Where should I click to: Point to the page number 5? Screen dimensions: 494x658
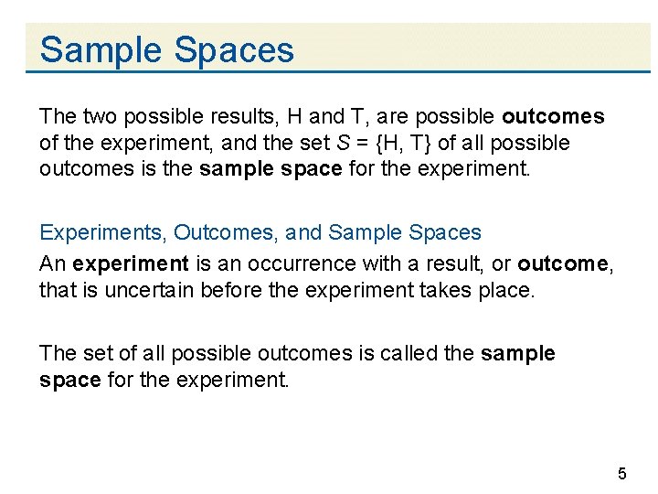(x=622, y=474)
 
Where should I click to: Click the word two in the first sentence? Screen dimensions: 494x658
(x=100, y=117)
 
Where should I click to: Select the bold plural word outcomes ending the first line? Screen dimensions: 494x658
(x=553, y=117)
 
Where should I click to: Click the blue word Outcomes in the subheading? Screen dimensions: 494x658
(x=224, y=234)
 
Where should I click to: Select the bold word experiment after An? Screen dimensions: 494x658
(x=130, y=263)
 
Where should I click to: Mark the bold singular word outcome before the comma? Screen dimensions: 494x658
(x=561, y=263)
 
